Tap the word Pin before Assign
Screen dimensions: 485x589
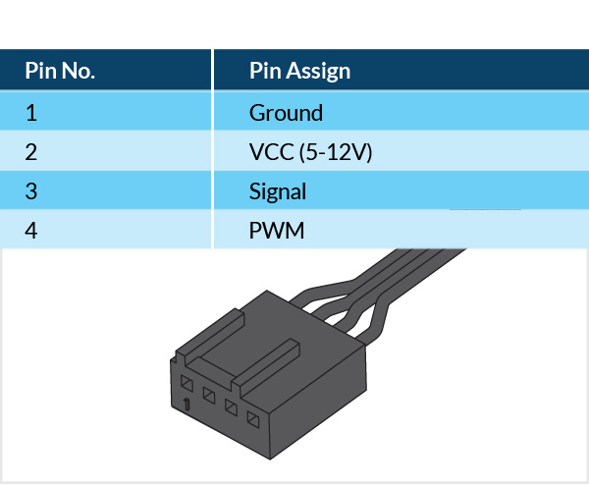264,72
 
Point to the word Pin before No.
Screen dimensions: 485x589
40,72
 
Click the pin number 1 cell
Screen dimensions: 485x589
31,113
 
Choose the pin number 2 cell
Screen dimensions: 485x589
31,152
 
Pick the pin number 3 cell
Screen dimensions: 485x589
31,191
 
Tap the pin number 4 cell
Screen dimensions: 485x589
31,232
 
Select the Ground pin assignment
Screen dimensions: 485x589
286,113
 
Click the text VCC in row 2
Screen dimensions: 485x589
270,152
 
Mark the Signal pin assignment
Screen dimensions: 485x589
278,191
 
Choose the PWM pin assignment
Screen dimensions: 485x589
277,232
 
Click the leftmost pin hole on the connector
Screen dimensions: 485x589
187,383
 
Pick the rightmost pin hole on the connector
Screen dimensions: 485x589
254,419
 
